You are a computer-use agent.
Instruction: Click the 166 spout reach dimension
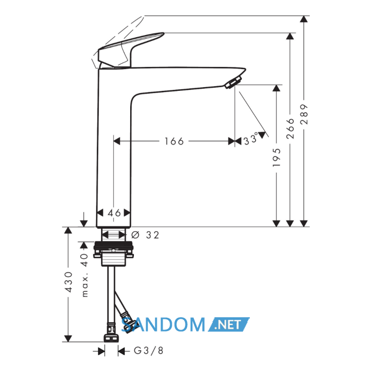click(174, 141)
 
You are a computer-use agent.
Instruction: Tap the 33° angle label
click(250, 139)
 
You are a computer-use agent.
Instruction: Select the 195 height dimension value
click(276, 157)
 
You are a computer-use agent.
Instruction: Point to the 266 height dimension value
click(290, 129)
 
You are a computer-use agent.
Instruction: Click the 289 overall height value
click(304, 114)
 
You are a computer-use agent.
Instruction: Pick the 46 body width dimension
click(114, 213)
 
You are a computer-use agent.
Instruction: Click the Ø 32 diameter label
click(145, 235)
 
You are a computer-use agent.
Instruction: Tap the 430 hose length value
click(69, 282)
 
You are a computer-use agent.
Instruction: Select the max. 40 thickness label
click(84, 275)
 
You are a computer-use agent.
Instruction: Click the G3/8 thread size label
click(149, 350)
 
